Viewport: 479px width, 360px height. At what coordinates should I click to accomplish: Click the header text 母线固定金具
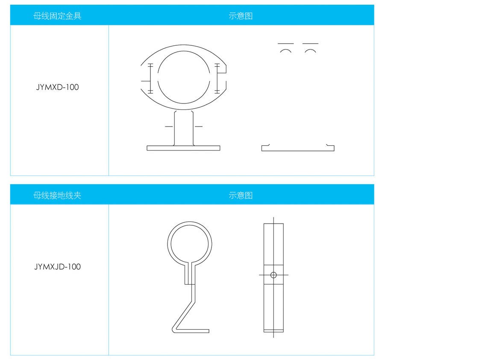pos(57,16)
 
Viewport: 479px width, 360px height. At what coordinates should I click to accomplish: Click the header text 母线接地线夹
pos(57,195)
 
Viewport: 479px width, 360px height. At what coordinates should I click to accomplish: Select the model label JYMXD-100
pos(57,87)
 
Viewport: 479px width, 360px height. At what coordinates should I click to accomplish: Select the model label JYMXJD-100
pos(57,266)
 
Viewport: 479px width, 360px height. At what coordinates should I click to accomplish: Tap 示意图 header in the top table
pos(241,16)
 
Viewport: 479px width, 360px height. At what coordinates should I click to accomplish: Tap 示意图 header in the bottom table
pos(241,195)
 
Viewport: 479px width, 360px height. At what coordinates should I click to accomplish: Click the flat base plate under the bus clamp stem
pos(183,148)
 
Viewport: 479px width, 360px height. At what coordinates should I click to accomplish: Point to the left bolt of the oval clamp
pos(150,79)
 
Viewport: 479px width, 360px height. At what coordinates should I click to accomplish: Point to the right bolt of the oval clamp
pos(217,79)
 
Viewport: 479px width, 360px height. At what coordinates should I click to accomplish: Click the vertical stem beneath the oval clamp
pos(184,128)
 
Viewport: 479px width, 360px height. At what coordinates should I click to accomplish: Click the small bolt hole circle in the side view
pos(273,275)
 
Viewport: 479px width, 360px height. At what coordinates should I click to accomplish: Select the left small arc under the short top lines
pos(285,50)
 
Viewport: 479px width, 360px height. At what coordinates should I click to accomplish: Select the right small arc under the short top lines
pos(310,50)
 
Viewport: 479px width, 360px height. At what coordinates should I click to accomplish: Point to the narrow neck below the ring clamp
pos(190,274)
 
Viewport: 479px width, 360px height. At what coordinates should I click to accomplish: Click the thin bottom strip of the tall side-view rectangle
pos(273,330)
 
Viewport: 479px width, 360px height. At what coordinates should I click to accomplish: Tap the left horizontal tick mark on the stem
pos(169,126)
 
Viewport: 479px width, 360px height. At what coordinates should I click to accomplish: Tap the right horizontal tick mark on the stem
pos(198,126)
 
